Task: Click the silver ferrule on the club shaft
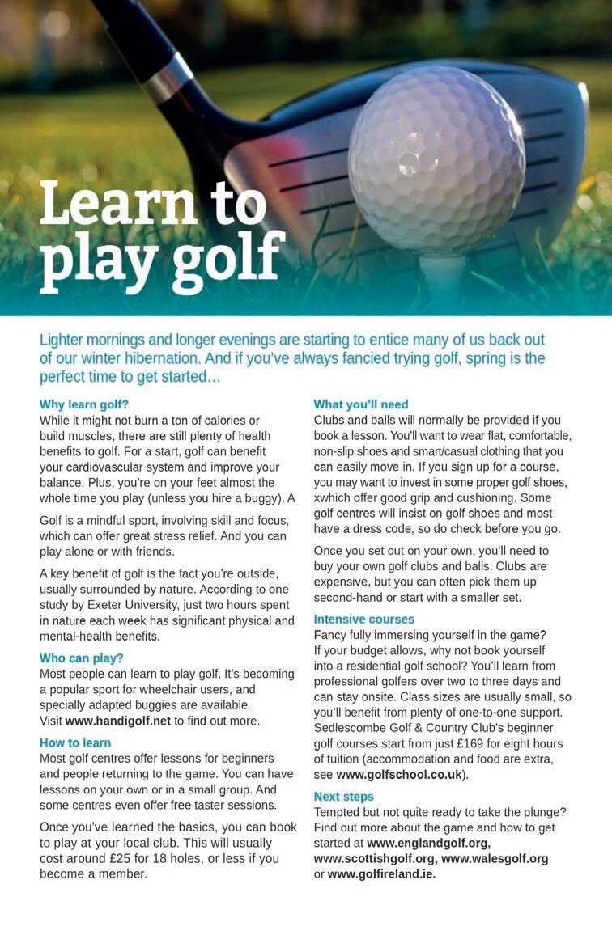point(168,78)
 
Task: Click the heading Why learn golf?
point(84,404)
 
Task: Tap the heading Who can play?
point(81,658)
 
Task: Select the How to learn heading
point(75,742)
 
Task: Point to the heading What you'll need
point(361,404)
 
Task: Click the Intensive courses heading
point(365,619)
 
